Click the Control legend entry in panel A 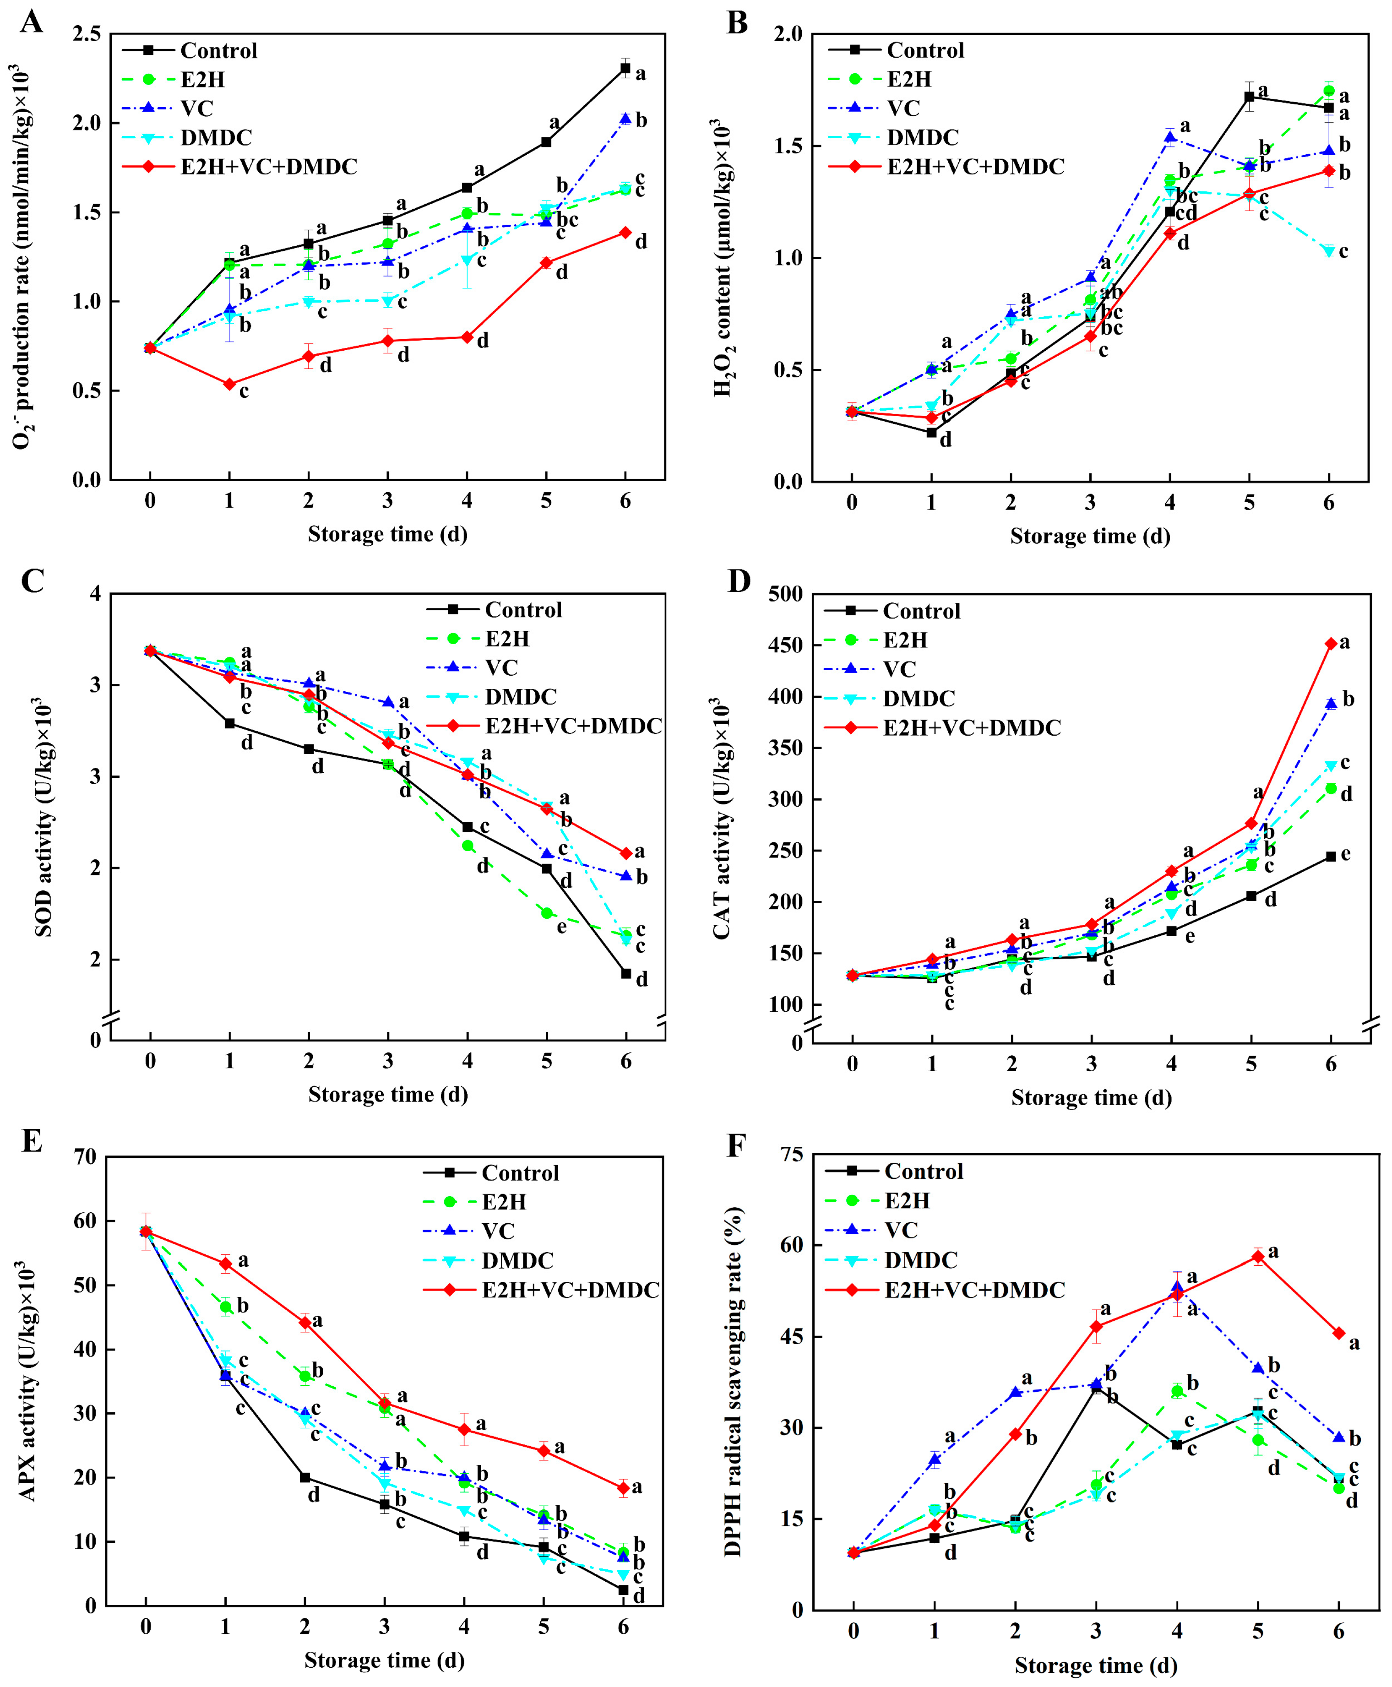click(x=218, y=50)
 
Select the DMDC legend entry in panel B click(x=922, y=137)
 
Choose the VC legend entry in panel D click(x=899, y=669)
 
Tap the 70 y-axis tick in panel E click(x=85, y=1157)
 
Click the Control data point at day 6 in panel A click(x=625, y=68)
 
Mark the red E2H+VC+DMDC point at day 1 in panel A click(x=229, y=384)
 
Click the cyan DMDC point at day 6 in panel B click(x=1329, y=251)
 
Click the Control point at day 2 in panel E click(x=304, y=1478)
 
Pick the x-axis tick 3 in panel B click(x=1090, y=503)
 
